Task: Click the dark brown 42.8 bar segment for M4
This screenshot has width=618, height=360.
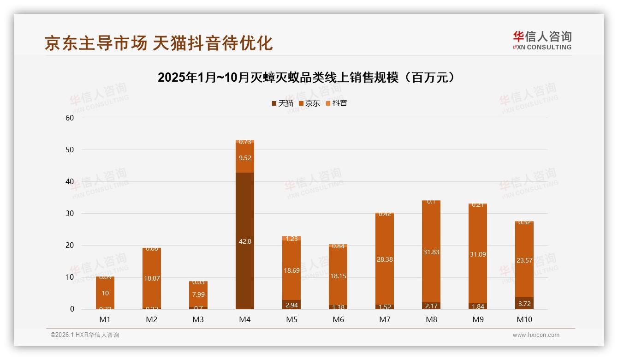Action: tap(244, 241)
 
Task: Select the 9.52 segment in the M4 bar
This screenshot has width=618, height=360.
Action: tap(244, 158)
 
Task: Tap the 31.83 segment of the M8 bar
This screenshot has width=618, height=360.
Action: tap(431, 252)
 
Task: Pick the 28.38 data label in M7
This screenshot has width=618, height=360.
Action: tap(385, 260)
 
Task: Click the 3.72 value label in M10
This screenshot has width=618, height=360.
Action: tap(524, 303)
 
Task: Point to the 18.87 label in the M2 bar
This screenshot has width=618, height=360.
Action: tap(151, 278)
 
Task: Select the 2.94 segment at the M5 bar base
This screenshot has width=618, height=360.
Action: tap(291, 305)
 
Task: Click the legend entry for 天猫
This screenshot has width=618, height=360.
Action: tap(282, 103)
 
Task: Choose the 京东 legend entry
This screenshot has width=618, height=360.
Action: tap(309, 103)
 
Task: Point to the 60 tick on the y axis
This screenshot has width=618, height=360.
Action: tap(70, 118)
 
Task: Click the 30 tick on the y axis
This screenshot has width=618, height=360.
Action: tap(70, 213)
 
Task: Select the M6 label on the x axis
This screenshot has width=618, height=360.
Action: tap(338, 319)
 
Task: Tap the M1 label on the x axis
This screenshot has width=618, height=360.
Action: tap(105, 319)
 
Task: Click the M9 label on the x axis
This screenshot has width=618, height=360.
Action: tap(478, 319)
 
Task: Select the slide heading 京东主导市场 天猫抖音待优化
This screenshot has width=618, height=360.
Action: tap(159, 43)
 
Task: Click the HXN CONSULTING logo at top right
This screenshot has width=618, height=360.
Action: tap(542, 40)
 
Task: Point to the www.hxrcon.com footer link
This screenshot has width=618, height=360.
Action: tap(536, 335)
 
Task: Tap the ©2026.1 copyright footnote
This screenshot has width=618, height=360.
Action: tap(85, 335)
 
